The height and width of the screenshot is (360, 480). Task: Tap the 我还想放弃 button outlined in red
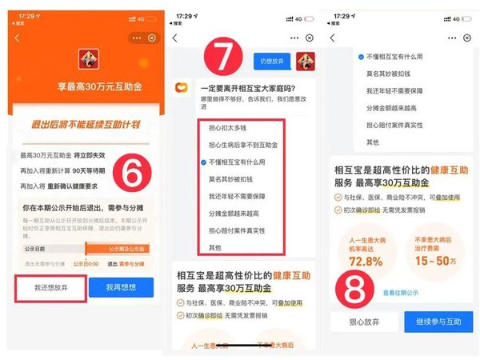click(x=50, y=288)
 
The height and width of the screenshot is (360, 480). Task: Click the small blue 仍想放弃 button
click(x=270, y=62)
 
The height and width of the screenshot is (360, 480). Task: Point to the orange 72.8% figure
click(x=361, y=261)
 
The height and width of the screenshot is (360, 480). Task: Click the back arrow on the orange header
click(x=17, y=38)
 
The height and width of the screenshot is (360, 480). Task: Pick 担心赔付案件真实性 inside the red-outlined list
click(x=238, y=230)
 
